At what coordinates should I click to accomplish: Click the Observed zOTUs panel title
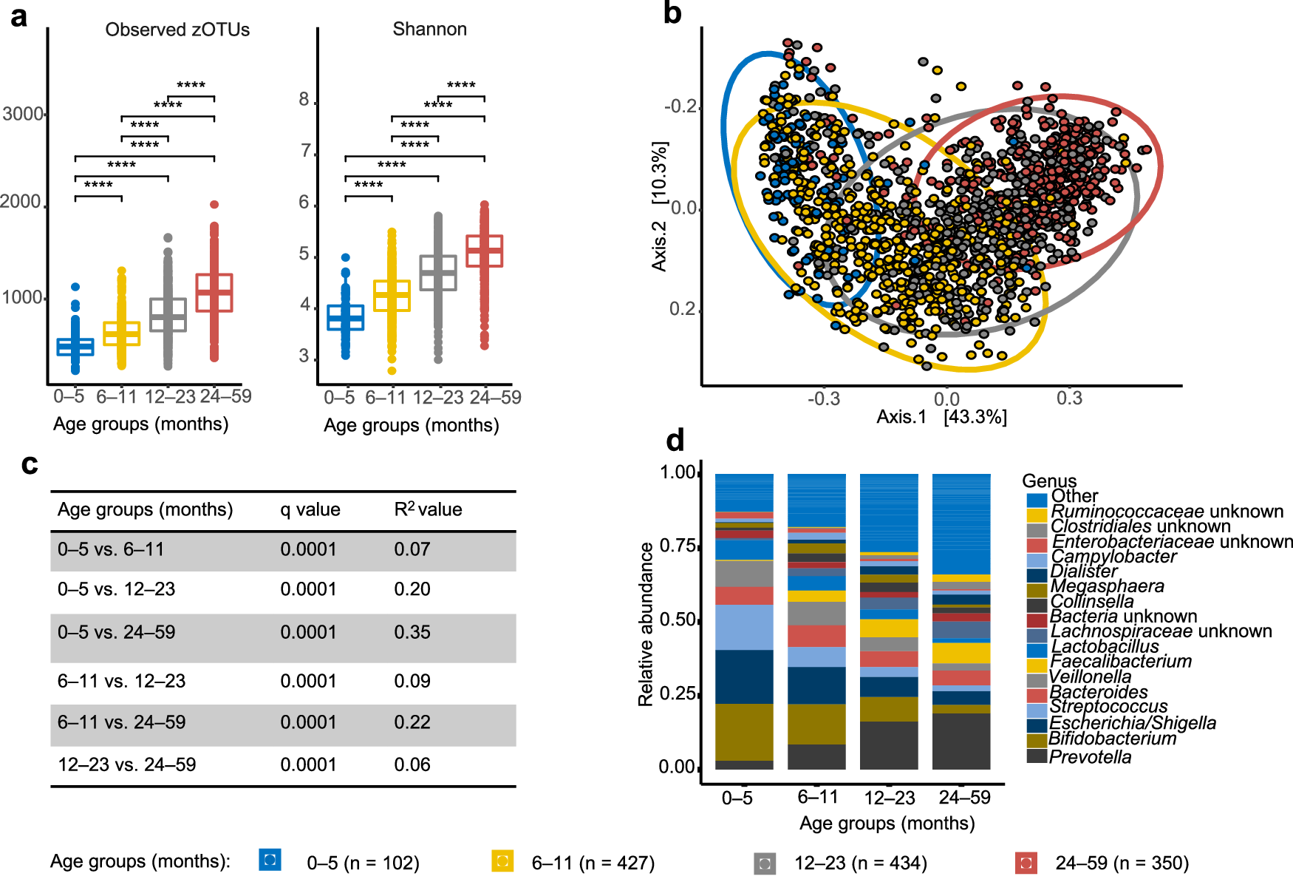click(x=177, y=30)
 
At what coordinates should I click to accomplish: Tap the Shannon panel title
click(x=429, y=29)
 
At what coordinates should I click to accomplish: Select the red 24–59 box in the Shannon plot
click(x=485, y=251)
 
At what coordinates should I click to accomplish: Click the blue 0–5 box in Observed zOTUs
click(x=75, y=347)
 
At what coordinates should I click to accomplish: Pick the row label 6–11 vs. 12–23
click(x=121, y=681)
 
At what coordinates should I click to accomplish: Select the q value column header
click(x=310, y=509)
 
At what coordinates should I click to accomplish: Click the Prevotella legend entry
click(x=1090, y=757)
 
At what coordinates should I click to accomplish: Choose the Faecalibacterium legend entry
click(x=1120, y=662)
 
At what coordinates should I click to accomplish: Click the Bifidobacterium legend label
click(x=1112, y=739)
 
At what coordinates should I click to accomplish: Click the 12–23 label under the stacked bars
click(x=889, y=798)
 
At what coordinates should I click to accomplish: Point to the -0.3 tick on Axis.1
click(x=824, y=399)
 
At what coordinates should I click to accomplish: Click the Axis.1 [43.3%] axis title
click(x=941, y=417)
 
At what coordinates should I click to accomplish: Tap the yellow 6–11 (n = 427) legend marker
click(x=502, y=861)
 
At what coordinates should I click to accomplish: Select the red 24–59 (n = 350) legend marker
click(x=1026, y=863)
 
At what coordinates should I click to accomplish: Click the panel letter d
click(x=675, y=441)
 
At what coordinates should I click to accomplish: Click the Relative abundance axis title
click(x=646, y=624)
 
